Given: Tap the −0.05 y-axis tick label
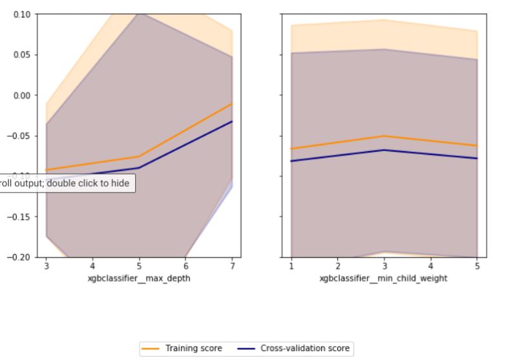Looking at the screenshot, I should [19, 136].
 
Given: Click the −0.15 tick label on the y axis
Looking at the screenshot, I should [19, 217].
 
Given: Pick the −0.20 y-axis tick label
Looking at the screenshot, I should [19, 257].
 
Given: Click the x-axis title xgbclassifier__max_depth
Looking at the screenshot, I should [139, 279].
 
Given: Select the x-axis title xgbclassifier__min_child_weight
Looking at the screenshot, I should [384, 279].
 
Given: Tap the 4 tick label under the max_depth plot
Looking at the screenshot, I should [92, 266].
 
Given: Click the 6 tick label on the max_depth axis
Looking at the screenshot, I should [185, 266].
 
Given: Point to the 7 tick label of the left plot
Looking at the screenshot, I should [232, 266].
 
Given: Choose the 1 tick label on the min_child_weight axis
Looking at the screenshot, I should [291, 266].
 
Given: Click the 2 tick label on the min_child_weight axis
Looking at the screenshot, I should [338, 266].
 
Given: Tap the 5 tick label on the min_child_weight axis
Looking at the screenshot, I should [477, 266].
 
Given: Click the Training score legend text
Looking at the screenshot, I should [193, 348].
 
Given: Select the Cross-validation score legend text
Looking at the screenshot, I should [304, 348].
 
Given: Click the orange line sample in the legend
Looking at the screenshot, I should [151, 348].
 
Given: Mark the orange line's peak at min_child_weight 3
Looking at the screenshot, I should [385, 136].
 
